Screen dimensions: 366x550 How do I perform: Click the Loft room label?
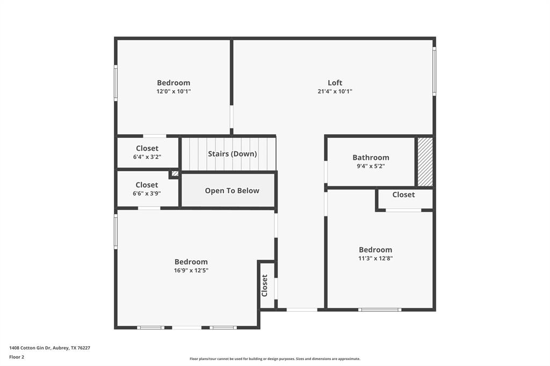coord(335,83)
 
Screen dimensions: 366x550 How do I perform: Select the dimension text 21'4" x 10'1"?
coord(335,92)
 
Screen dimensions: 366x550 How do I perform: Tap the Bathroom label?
coord(371,157)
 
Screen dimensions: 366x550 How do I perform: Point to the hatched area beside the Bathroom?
coord(425,162)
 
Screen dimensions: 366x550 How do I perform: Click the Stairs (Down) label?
coord(232,154)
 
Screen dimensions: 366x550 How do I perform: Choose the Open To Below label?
coord(232,191)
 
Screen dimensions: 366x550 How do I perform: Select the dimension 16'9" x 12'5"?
coord(191,270)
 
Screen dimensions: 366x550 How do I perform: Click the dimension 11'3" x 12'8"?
coord(375,258)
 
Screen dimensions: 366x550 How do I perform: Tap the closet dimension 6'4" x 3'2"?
coord(147,157)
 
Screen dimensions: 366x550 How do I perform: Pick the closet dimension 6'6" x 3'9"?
coord(147,194)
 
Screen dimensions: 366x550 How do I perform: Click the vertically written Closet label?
coord(265,286)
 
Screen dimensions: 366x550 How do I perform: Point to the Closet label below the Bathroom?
coord(403,195)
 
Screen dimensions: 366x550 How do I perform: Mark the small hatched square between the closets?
coord(175,174)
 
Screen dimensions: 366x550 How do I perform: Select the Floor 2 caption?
coord(17,357)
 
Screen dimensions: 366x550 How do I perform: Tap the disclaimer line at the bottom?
coord(274,359)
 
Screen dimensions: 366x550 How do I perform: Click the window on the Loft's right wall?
coord(434,71)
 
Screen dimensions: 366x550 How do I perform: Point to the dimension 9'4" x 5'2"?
coord(371,166)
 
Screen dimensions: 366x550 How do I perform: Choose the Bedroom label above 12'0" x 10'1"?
coord(173,83)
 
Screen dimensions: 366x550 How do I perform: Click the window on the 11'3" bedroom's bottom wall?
coord(380,310)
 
